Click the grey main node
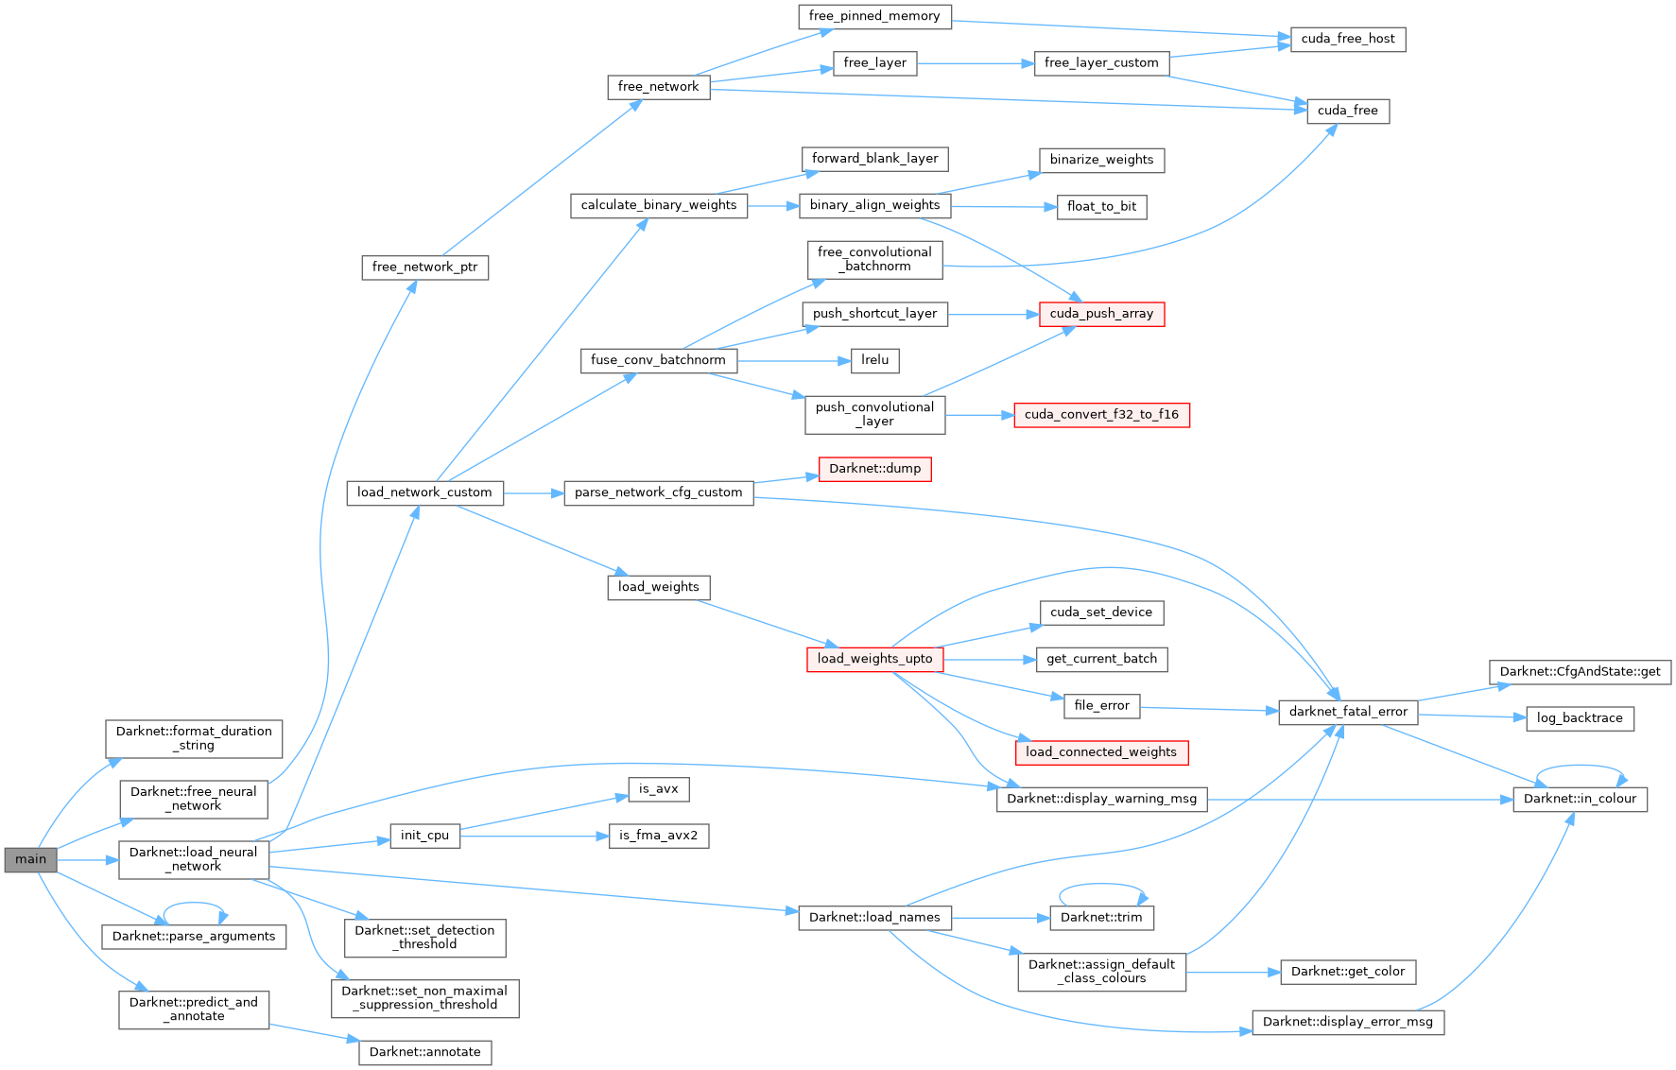click(x=30, y=859)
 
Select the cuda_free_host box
click(x=1347, y=39)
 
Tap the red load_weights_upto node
click(x=874, y=659)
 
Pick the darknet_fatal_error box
click(x=1347, y=712)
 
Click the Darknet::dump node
click(x=874, y=469)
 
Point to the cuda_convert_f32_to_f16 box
click(x=1101, y=415)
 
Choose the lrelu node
click(x=874, y=360)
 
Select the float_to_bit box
click(x=1101, y=207)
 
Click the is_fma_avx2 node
click(x=658, y=836)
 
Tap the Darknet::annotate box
click(x=424, y=1052)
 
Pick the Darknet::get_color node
click(x=1347, y=972)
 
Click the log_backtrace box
click(x=1579, y=718)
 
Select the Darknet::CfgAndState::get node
click(x=1579, y=672)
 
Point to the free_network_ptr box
click(x=424, y=267)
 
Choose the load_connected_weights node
click(x=1101, y=752)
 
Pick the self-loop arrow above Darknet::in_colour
click(x=1581, y=767)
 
